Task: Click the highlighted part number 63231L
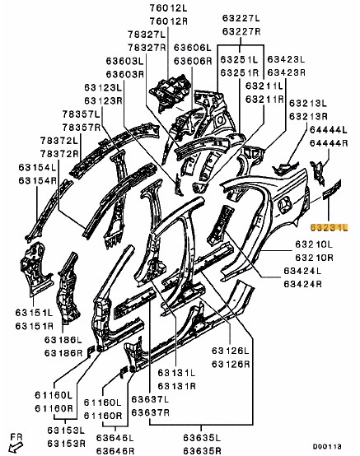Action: (x=330, y=227)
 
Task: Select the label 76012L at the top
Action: (x=169, y=8)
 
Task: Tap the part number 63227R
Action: (x=241, y=31)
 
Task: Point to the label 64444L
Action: (x=329, y=130)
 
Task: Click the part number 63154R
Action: (x=38, y=180)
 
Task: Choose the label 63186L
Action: (x=63, y=340)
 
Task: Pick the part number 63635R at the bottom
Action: (x=203, y=450)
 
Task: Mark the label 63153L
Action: (x=67, y=430)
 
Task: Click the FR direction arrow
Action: (x=15, y=447)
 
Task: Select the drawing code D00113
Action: (x=327, y=446)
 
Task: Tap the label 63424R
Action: (x=302, y=284)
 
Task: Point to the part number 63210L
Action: (x=314, y=244)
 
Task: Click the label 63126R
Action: (x=231, y=364)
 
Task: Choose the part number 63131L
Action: (x=176, y=373)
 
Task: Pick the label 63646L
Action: (x=115, y=437)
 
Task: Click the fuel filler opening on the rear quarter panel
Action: (x=284, y=203)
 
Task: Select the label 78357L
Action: (x=81, y=114)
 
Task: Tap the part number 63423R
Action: (x=287, y=72)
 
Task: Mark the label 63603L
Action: (x=125, y=61)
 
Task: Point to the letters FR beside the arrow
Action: (x=16, y=437)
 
